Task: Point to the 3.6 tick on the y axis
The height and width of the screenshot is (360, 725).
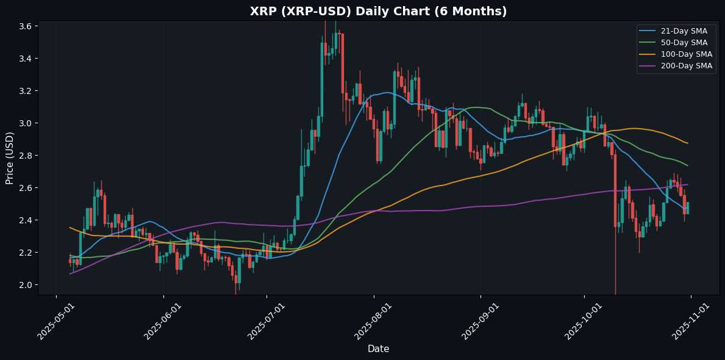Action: (26, 26)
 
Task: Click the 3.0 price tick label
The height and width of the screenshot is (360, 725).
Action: (26, 123)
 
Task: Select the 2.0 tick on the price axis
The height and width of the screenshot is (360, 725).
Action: (26, 285)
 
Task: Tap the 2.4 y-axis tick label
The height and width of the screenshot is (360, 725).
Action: (26, 220)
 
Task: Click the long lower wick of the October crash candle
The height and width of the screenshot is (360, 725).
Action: (615, 262)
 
